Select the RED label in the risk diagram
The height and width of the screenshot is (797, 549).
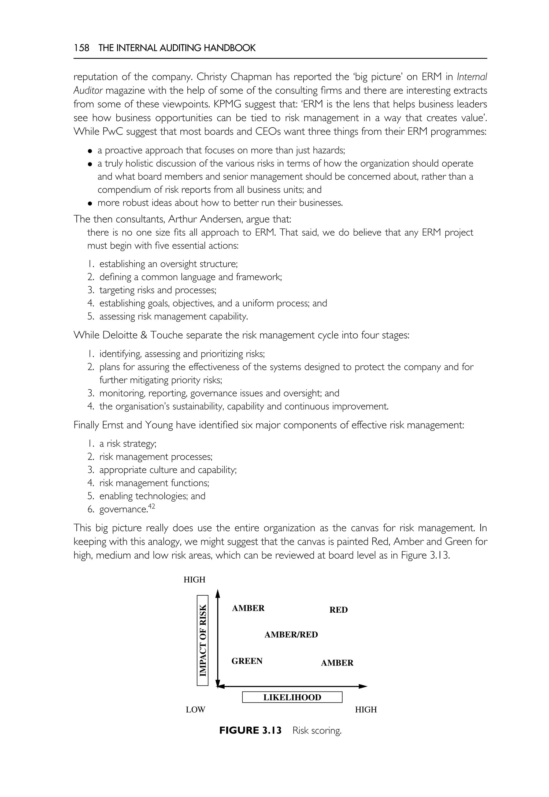pyautogui.click(x=339, y=610)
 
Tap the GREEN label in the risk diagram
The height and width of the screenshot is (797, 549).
pyautogui.click(x=247, y=661)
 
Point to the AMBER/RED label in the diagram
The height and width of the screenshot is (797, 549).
pyautogui.click(x=291, y=634)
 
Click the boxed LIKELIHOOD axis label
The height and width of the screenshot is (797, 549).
pyautogui.click(x=292, y=697)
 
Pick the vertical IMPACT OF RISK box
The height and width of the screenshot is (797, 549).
pyautogui.click(x=203, y=640)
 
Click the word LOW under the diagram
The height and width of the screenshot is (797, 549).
pyautogui.click(x=195, y=709)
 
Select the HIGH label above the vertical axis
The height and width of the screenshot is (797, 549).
pyautogui.click(x=194, y=580)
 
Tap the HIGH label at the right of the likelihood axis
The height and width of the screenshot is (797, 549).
pyautogui.click(x=366, y=709)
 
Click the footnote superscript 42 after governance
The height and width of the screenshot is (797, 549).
pyautogui.click(x=151, y=506)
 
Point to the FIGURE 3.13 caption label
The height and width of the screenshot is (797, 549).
pyautogui.click(x=250, y=730)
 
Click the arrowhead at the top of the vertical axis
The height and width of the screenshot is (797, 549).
pyautogui.click(x=217, y=593)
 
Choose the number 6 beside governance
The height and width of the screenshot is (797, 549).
pyautogui.click(x=90, y=509)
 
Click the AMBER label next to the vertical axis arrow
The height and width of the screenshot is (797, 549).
pyautogui.click(x=248, y=608)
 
